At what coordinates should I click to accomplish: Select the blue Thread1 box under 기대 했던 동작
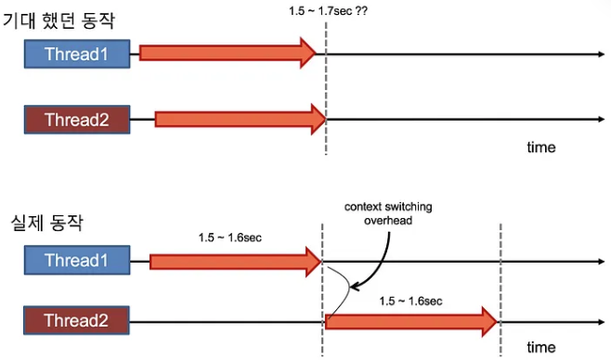(x=76, y=55)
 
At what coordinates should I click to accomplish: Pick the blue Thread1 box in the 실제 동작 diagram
(x=76, y=261)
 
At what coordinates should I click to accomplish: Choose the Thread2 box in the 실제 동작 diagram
(x=76, y=322)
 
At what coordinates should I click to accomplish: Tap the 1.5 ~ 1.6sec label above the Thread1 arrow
(x=229, y=238)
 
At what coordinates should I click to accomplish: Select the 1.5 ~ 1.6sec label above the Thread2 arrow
(x=409, y=301)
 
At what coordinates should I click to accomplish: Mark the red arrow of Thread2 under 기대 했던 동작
(x=240, y=118)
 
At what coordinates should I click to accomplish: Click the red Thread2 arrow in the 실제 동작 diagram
(x=411, y=322)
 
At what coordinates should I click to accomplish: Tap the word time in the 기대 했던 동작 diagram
(x=541, y=148)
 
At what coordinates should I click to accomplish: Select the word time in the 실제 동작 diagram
(x=541, y=347)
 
